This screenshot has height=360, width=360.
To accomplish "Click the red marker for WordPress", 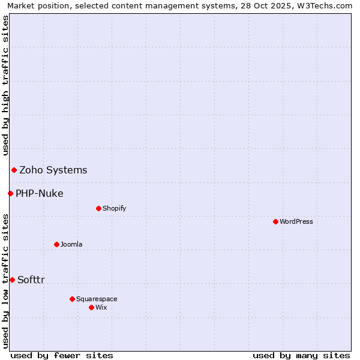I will [275, 221].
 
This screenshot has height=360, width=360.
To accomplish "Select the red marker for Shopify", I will [98, 208].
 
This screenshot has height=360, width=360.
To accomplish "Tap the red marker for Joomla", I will [56, 244].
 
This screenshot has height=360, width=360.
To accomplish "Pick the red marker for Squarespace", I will [72, 299].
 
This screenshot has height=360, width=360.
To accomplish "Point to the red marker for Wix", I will [91, 307].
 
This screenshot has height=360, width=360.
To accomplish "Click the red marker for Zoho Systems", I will [14, 170].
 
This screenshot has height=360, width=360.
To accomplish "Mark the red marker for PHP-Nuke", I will [10, 193].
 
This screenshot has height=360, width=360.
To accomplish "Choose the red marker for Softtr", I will [12, 280].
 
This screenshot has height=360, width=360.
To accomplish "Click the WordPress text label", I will [296, 221].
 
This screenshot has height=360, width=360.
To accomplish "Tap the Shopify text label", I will [114, 208].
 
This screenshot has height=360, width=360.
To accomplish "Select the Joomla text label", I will [71, 244].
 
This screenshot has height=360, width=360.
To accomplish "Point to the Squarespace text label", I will [97, 299].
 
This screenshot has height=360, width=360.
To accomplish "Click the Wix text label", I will [101, 307].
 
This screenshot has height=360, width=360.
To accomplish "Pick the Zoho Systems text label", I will [53, 170].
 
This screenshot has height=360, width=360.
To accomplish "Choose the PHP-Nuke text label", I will [40, 193].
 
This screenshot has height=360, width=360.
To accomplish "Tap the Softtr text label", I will [31, 280].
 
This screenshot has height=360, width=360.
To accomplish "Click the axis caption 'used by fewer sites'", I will [62, 355].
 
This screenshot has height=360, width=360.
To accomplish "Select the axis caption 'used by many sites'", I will [301, 355].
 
